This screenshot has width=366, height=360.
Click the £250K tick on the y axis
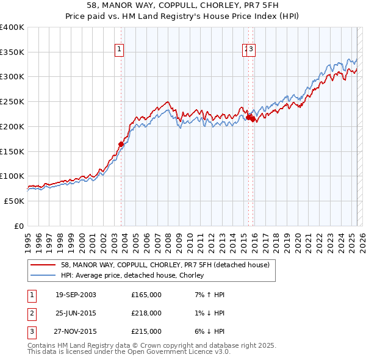coord(12,102)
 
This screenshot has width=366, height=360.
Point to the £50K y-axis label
coord(14,201)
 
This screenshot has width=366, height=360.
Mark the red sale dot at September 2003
coord(121,144)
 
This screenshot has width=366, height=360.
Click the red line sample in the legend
coord(43,265)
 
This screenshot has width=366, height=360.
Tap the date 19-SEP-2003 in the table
coord(76,295)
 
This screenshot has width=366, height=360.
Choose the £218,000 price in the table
coord(146,313)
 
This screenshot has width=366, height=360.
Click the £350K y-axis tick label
coord(12,52)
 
